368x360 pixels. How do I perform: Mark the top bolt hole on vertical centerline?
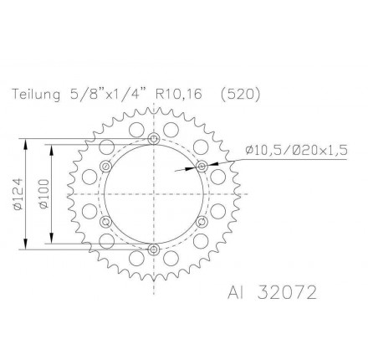click(x=153, y=138)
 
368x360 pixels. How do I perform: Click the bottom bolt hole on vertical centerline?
click(x=153, y=249)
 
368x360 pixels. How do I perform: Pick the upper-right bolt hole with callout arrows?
click(x=201, y=166)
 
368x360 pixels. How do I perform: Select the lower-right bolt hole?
click(x=201, y=221)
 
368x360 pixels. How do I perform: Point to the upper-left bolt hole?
click(x=105, y=166)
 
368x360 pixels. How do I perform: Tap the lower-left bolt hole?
click(x=105, y=221)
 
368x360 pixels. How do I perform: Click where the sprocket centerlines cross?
click(x=153, y=193)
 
